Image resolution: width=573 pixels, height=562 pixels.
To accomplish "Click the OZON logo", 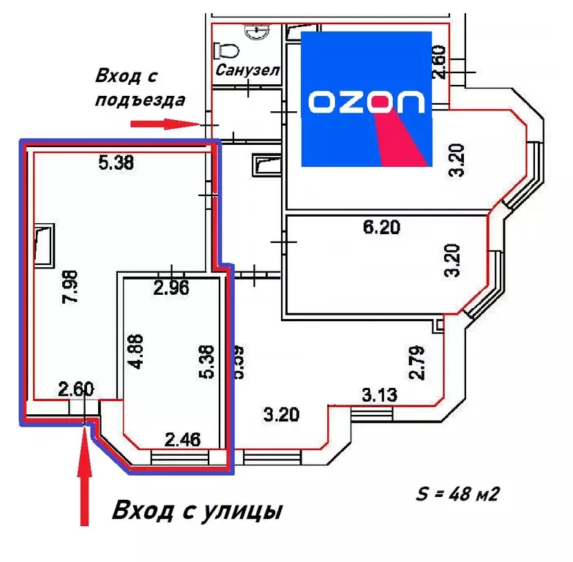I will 367,100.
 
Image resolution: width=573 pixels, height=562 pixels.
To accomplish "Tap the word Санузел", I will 248,71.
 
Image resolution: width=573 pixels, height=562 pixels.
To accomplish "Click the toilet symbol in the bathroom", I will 226,49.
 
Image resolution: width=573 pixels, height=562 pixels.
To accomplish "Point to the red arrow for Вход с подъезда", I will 165,124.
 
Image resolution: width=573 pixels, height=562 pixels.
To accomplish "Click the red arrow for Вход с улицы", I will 85,476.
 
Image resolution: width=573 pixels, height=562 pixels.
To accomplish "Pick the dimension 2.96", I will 171,288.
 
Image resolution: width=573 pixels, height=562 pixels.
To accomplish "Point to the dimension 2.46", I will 182,440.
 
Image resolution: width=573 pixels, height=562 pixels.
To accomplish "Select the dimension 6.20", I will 382,228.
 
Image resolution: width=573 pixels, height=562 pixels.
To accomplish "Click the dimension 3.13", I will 379,396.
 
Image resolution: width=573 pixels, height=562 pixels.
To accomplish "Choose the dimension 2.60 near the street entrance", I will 76,389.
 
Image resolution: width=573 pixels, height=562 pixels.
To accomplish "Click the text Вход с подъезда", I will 139,88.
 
